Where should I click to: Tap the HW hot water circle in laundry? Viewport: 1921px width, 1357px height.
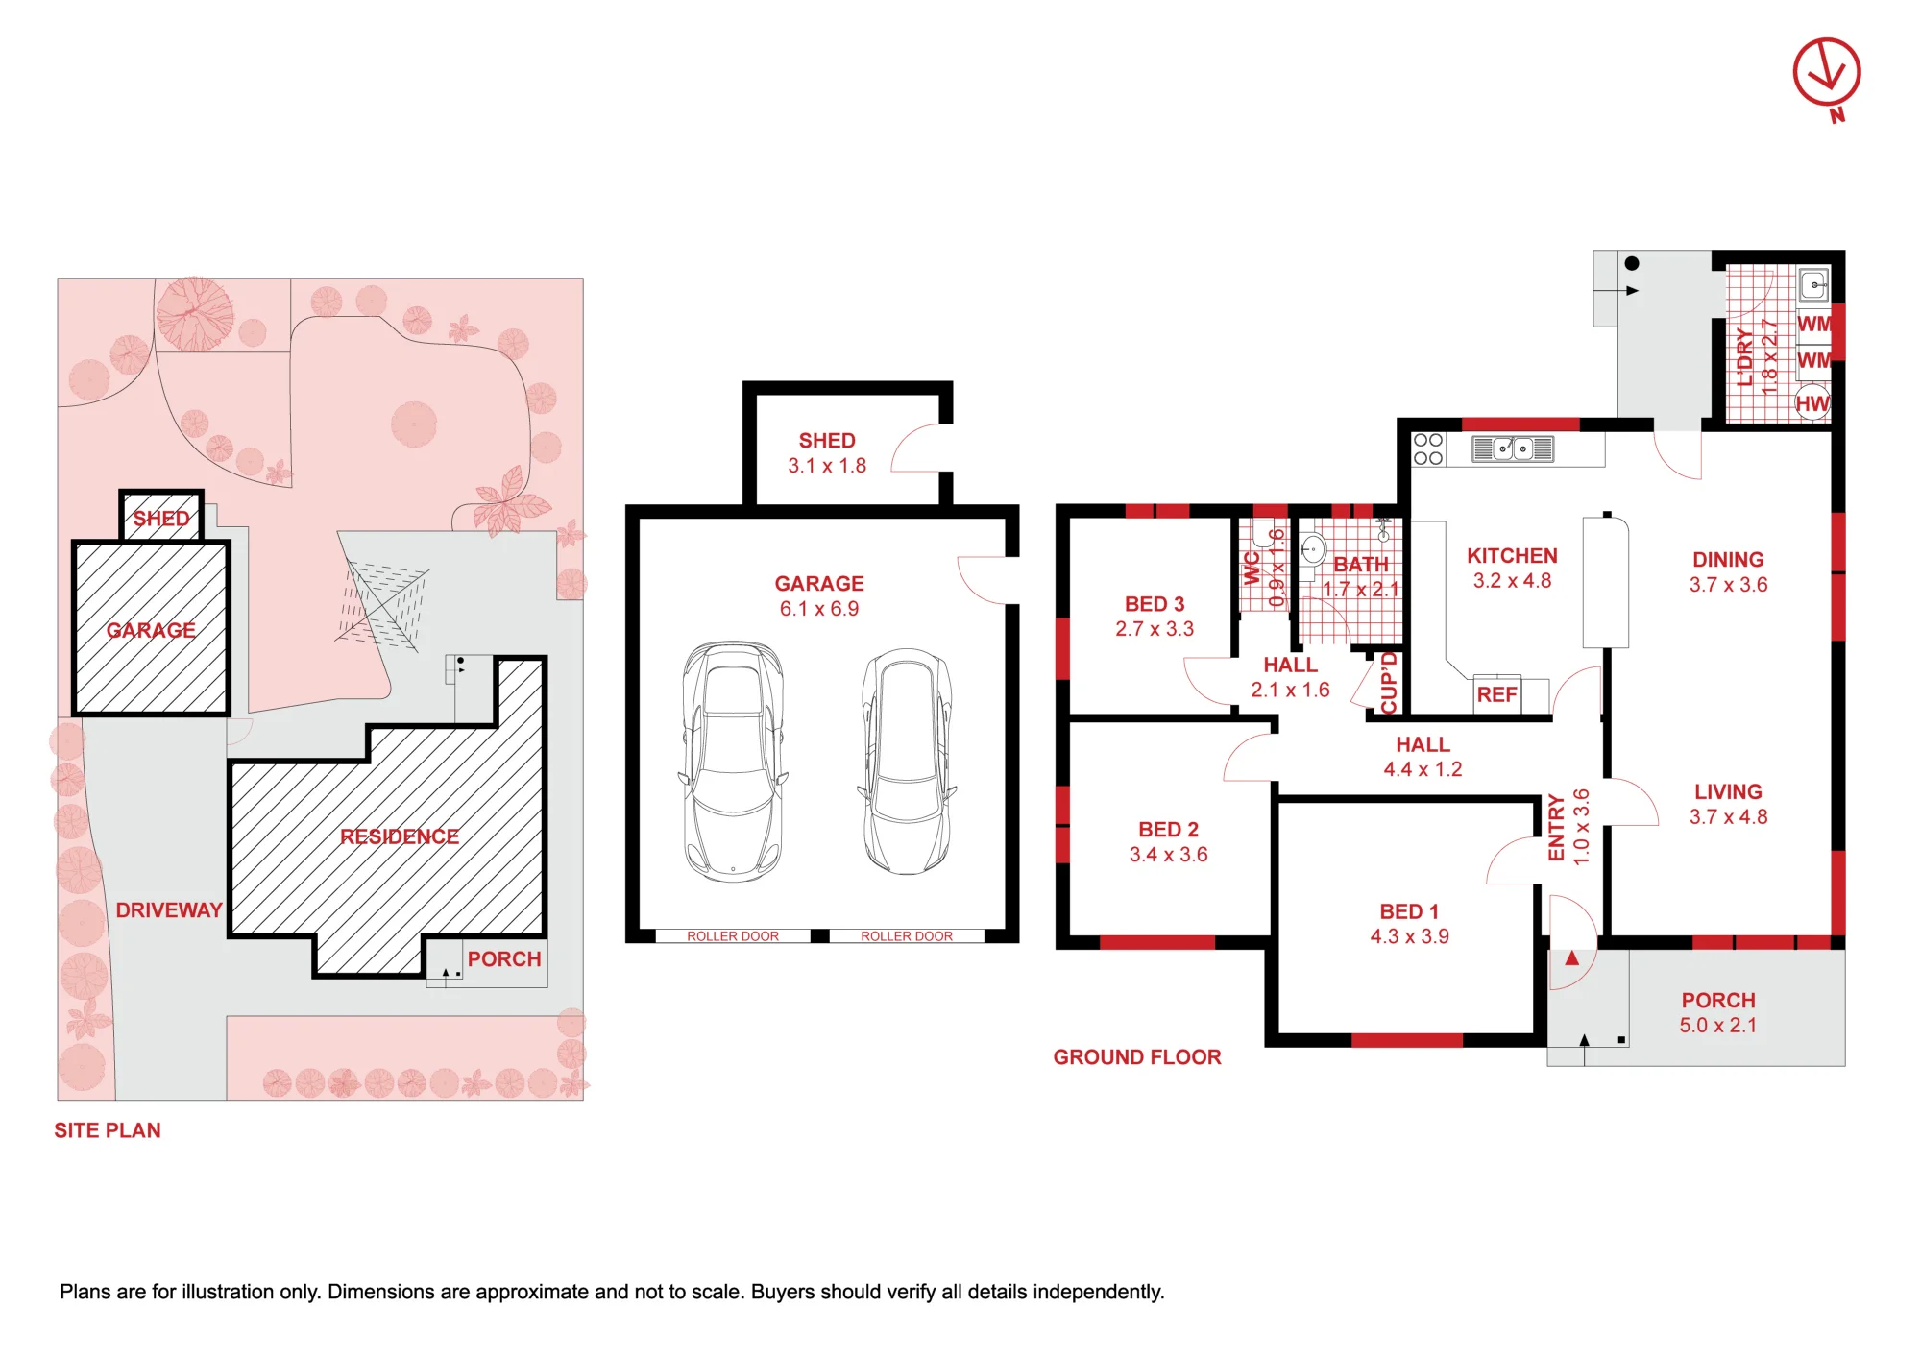(1812, 403)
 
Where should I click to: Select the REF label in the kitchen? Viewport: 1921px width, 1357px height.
(1496, 694)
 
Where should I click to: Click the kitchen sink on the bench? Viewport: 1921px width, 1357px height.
(1513, 448)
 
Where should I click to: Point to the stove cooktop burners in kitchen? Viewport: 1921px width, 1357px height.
(1428, 448)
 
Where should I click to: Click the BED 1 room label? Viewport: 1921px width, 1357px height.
(1409, 911)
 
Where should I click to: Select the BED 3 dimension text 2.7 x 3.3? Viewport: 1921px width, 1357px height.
(1155, 629)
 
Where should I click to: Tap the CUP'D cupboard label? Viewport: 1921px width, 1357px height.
(1389, 683)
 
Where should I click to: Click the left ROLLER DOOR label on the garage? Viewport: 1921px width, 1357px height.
(733, 936)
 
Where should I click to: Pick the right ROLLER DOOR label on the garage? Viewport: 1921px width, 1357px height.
(907, 936)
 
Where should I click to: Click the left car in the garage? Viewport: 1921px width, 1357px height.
(733, 762)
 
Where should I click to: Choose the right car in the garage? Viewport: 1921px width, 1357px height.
(907, 762)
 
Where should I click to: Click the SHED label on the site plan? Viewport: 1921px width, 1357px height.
(161, 519)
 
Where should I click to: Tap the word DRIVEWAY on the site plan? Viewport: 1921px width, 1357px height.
(169, 910)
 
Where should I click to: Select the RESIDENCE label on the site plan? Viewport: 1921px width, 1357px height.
(400, 836)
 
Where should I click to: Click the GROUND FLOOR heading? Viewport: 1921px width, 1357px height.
(1137, 1057)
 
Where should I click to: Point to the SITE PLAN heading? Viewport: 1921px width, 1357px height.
(108, 1130)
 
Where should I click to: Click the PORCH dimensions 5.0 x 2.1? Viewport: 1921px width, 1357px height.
(1718, 1026)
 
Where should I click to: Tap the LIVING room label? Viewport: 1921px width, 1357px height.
(1728, 792)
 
